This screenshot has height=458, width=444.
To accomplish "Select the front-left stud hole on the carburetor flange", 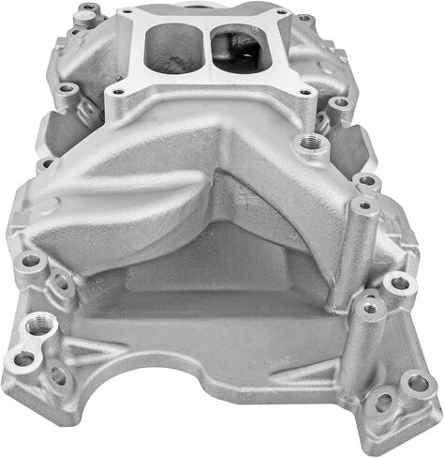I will point(119,92).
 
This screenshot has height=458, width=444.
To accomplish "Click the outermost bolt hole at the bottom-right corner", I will point(415,383).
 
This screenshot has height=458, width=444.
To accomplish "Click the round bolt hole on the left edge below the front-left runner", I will point(31,261).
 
